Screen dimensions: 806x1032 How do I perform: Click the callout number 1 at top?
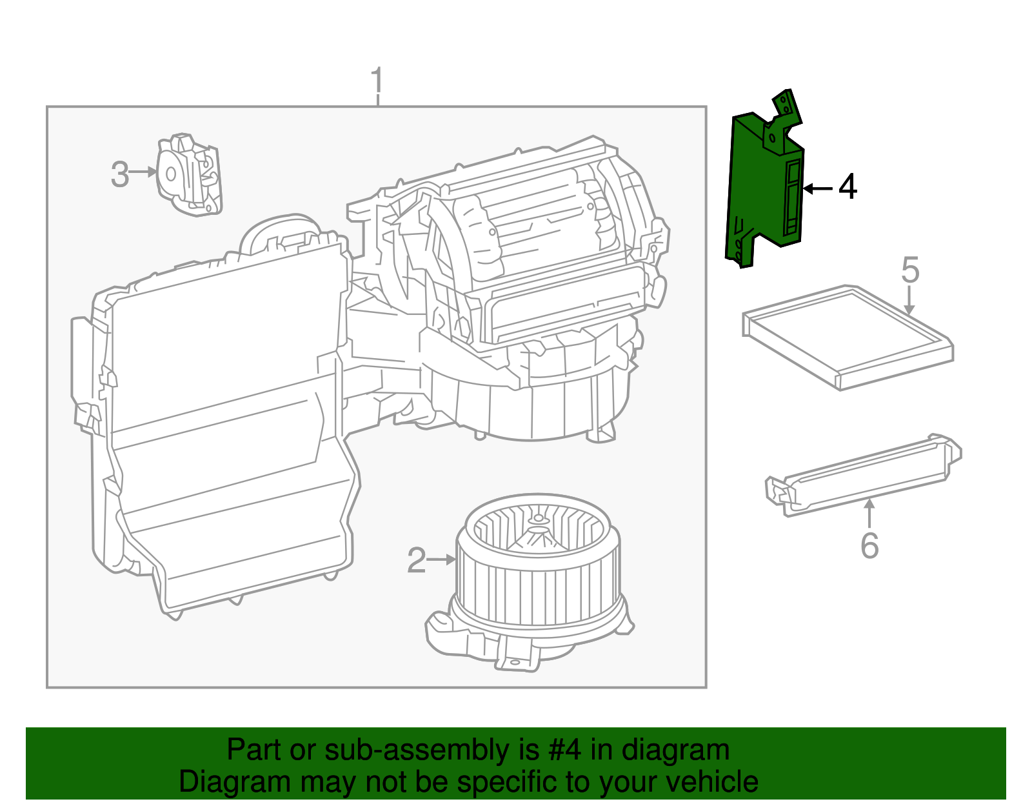[377, 82]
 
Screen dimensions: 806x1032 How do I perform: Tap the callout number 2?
[417, 560]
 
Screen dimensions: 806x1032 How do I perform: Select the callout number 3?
[120, 174]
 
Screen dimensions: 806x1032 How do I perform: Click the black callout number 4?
[847, 187]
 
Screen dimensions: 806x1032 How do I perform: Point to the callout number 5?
[909, 270]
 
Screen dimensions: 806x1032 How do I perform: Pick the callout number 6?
[869, 546]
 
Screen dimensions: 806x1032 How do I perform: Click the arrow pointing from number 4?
[818, 188]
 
